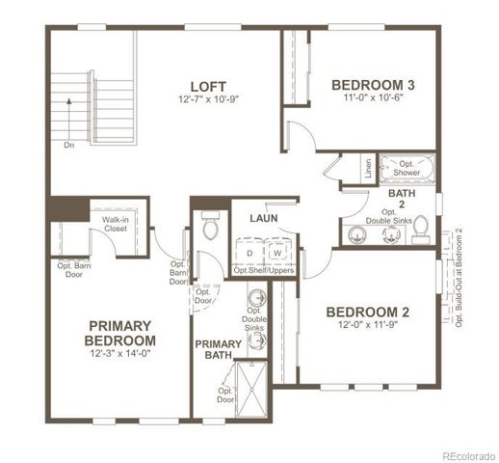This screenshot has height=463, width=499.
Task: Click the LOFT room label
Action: [208, 84]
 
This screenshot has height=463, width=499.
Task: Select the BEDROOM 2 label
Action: [367, 312]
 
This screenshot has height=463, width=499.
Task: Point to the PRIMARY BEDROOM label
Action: [120, 333]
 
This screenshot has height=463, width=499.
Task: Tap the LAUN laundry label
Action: [263, 218]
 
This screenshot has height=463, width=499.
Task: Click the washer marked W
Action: [277, 252]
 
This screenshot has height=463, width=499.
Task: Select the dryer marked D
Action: [249, 252]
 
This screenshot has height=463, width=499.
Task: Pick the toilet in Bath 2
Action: [421, 232]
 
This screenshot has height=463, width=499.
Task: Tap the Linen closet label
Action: [369, 167]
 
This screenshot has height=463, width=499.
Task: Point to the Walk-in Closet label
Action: [116, 226]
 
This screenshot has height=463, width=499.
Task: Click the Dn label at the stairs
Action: [68, 146]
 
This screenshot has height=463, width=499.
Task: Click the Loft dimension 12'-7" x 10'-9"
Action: [208, 99]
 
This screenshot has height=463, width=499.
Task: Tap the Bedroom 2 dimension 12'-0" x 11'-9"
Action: [367, 326]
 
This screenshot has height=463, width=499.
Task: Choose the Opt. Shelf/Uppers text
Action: [263, 270]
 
